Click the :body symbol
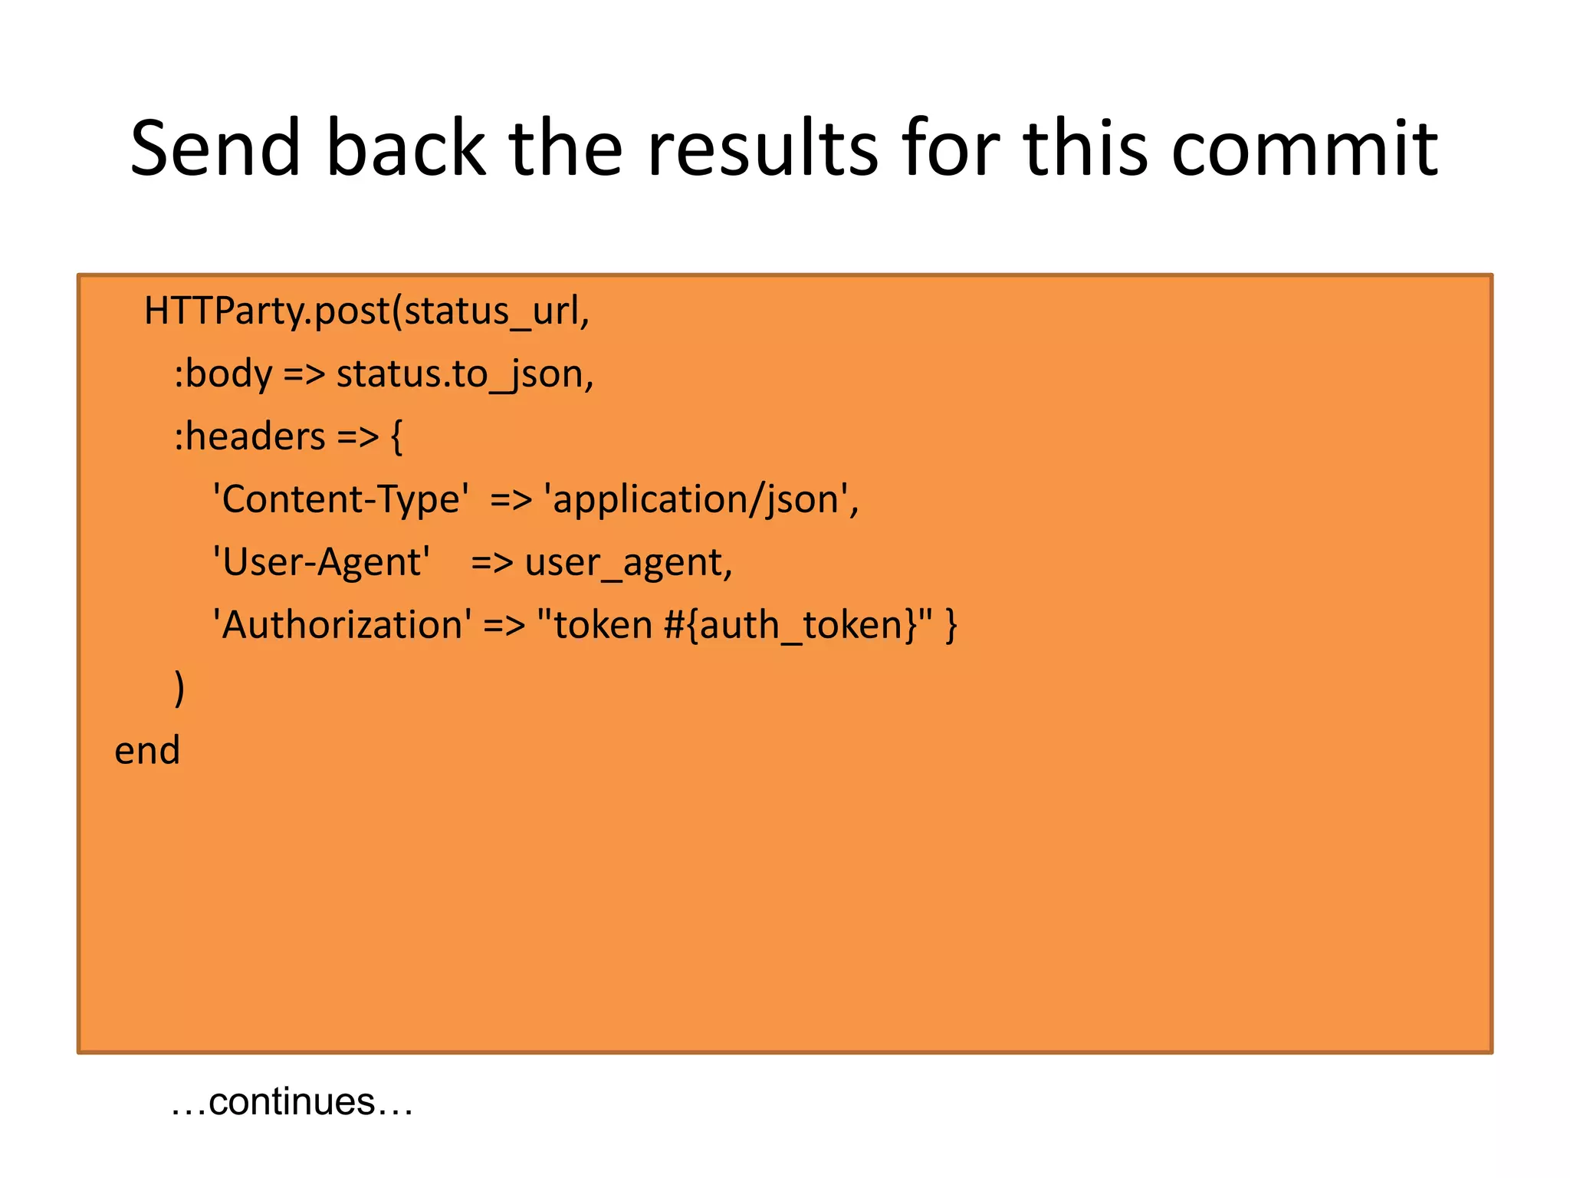(223, 374)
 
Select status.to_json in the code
(461, 374)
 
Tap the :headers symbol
(250, 437)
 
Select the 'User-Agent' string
(321, 562)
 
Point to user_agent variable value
(624, 563)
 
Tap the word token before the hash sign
(603, 625)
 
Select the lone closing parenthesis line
(179, 688)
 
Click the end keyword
(147, 751)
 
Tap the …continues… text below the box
(291, 1102)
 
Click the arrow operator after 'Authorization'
(504, 626)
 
